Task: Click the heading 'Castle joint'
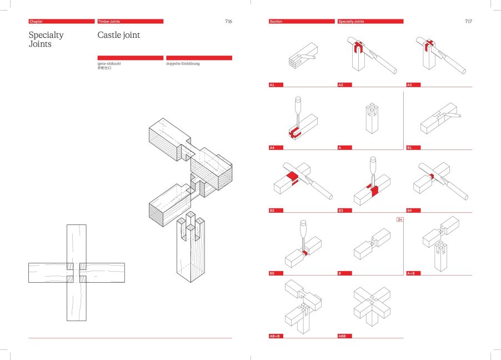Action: click(x=119, y=35)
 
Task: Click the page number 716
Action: click(x=228, y=21)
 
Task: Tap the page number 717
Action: click(x=469, y=21)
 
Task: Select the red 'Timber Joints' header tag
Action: click(x=130, y=21)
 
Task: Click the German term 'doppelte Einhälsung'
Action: click(x=183, y=64)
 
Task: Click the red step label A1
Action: click(x=273, y=85)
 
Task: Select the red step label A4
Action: click(x=273, y=148)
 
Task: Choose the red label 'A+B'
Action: click(x=412, y=273)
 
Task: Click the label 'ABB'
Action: click(x=342, y=336)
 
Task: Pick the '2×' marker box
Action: click(x=399, y=219)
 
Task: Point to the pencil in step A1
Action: click(x=309, y=57)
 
